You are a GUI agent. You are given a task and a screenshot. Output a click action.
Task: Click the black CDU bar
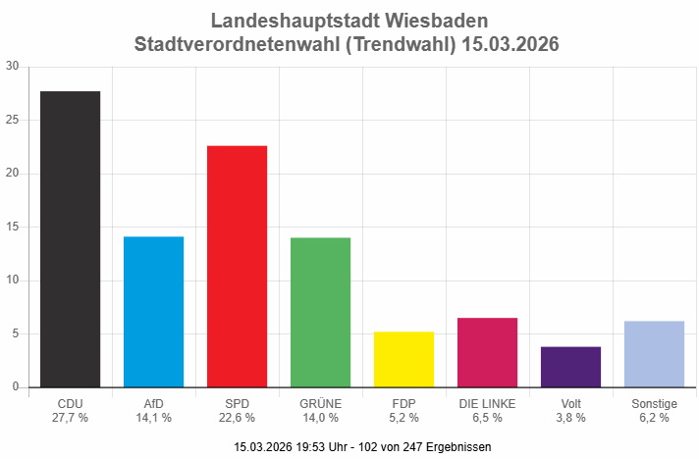point(70,239)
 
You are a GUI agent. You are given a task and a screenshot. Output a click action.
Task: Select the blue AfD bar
point(153,312)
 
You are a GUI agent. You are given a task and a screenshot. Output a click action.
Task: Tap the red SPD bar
point(237,267)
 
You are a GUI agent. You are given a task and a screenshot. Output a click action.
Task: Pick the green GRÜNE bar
point(320,313)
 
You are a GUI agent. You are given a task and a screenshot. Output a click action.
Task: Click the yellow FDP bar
point(403,359)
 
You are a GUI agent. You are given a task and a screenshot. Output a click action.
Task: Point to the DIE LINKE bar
point(487,352)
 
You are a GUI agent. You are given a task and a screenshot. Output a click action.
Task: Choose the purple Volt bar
point(570,367)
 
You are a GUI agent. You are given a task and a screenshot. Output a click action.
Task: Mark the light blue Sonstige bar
point(654,354)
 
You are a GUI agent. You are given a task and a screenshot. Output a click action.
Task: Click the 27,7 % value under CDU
point(70,417)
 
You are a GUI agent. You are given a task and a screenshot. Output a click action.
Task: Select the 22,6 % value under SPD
point(237,417)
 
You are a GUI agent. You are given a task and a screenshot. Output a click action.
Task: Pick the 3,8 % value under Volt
point(570,417)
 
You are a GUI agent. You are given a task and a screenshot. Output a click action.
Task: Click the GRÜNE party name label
point(320,403)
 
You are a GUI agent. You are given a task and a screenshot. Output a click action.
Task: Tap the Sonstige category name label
point(654,403)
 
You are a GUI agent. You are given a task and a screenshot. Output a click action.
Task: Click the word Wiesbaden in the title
point(439,21)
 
